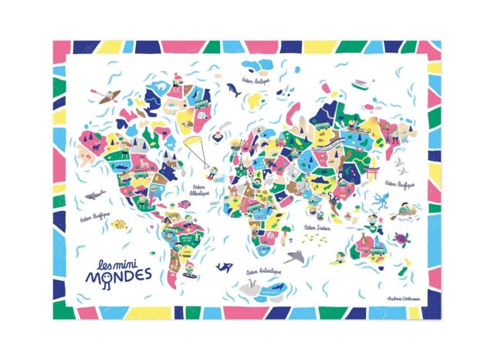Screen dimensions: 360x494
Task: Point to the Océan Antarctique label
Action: [264, 271]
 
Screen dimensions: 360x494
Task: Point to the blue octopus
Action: [381, 203]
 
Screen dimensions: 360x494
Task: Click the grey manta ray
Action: [295, 256]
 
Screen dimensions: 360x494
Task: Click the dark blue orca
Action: [224, 267]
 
